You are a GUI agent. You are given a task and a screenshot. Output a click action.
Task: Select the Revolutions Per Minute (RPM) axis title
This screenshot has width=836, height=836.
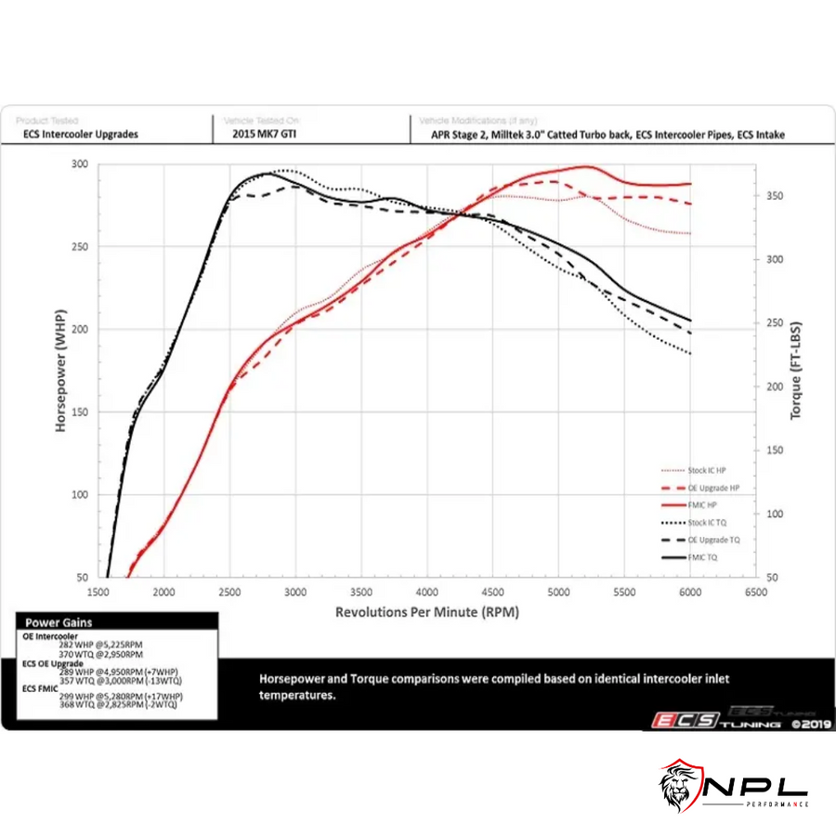pyautogui.click(x=426, y=611)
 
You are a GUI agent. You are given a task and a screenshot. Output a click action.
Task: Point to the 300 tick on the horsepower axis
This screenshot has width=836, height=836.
pyautogui.click(x=80, y=164)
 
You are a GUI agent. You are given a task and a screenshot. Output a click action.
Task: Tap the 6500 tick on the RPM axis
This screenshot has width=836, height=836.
pyautogui.click(x=756, y=591)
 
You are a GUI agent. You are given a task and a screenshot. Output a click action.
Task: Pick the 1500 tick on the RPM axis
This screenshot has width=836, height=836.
pyautogui.click(x=99, y=591)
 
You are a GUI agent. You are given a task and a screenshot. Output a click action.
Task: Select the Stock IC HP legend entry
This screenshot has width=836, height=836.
pyautogui.click(x=707, y=470)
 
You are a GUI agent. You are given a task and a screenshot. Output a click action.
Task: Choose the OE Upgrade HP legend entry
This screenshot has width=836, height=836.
pyautogui.click(x=713, y=488)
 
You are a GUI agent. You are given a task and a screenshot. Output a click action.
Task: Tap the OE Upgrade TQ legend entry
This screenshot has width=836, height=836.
pyautogui.click(x=713, y=540)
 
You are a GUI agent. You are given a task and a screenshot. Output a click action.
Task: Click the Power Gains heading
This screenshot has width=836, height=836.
pyautogui.click(x=58, y=622)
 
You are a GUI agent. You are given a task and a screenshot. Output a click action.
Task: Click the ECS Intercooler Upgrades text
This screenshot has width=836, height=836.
pyautogui.click(x=81, y=134)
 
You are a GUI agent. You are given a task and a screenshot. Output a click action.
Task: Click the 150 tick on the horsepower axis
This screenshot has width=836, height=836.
pyautogui.click(x=80, y=411)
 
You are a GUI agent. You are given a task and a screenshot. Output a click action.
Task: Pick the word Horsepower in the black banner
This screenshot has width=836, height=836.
pyautogui.click(x=296, y=678)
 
